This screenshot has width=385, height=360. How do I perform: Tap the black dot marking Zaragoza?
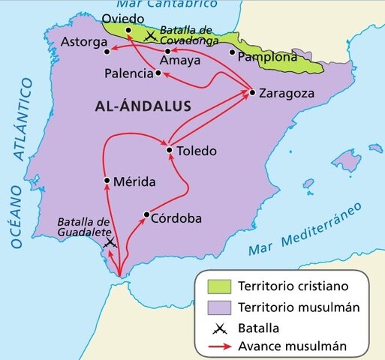[252, 93]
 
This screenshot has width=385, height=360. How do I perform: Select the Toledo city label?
[196, 151]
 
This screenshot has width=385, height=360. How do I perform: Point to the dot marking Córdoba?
[146, 214]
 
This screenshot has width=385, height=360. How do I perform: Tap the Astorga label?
[83, 41]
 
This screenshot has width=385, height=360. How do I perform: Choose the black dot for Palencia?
[158, 73]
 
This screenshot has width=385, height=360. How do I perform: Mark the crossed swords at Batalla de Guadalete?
[110, 243]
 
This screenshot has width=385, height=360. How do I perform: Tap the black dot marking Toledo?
[170, 150]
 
